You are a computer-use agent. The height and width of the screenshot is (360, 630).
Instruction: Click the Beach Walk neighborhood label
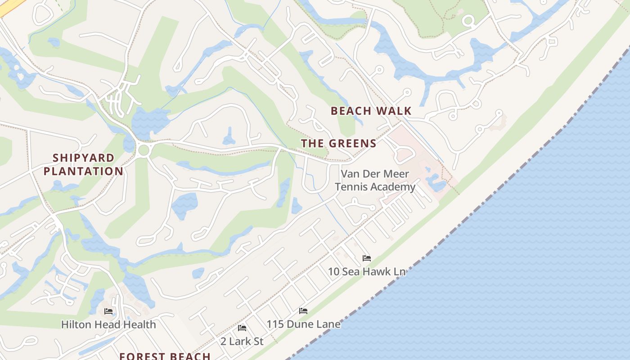click(x=371, y=111)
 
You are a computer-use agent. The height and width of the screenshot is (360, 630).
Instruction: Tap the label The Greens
click(x=338, y=144)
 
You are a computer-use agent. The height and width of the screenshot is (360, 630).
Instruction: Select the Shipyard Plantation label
click(x=83, y=165)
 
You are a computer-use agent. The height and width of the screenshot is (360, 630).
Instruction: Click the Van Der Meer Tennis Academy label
click(x=375, y=180)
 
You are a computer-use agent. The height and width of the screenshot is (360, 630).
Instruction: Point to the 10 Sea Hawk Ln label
click(x=366, y=271)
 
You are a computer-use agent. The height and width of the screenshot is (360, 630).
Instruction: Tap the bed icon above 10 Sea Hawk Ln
click(x=367, y=258)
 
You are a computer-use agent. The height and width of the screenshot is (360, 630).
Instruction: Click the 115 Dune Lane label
click(x=303, y=324)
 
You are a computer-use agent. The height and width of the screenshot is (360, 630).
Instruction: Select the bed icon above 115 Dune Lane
click(x=303, y=311)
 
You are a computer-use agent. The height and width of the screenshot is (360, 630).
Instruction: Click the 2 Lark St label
click(x=242, y=341)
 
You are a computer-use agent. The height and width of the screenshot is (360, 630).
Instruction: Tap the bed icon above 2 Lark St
click(x=242, y=328)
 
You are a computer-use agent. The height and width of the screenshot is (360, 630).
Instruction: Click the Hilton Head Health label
click(x=108, y=324)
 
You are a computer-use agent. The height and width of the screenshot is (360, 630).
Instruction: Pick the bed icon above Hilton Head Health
click(x=108, y=311)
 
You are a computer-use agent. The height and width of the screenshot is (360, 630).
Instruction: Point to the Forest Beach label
click(x=165, y=356)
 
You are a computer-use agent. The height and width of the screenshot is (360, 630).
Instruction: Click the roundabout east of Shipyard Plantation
click(x=144, y=150)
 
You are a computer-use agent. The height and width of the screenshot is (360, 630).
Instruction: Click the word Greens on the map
click(x=354, y=144)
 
